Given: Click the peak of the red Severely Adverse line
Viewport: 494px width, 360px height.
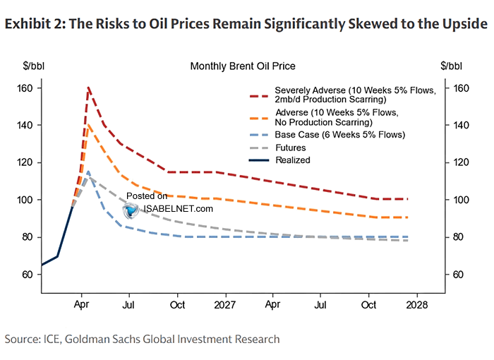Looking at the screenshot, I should coord(88,88).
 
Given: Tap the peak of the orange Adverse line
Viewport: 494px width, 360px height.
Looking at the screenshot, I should coord(88,124).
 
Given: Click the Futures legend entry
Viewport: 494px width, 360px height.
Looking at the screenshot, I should coord(290,148).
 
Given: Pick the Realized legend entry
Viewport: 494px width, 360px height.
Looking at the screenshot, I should coord(293,160).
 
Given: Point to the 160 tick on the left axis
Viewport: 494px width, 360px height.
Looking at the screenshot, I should coord(25,88).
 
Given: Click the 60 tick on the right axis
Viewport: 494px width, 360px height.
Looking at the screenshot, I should coord(458,274).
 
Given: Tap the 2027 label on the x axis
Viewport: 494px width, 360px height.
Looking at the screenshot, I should coord(225,304).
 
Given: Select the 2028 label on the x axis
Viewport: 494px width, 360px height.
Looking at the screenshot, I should coord(416,304).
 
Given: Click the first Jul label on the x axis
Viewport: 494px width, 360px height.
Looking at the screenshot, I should coord(129,304).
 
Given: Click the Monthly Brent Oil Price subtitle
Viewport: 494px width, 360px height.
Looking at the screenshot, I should coord(242,66).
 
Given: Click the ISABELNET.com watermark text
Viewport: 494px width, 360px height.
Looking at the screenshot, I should coord(178,209).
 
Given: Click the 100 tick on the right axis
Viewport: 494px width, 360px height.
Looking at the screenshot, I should coord(458,200).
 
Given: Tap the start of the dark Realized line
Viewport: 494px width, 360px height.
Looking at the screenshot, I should coord(42,265).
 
